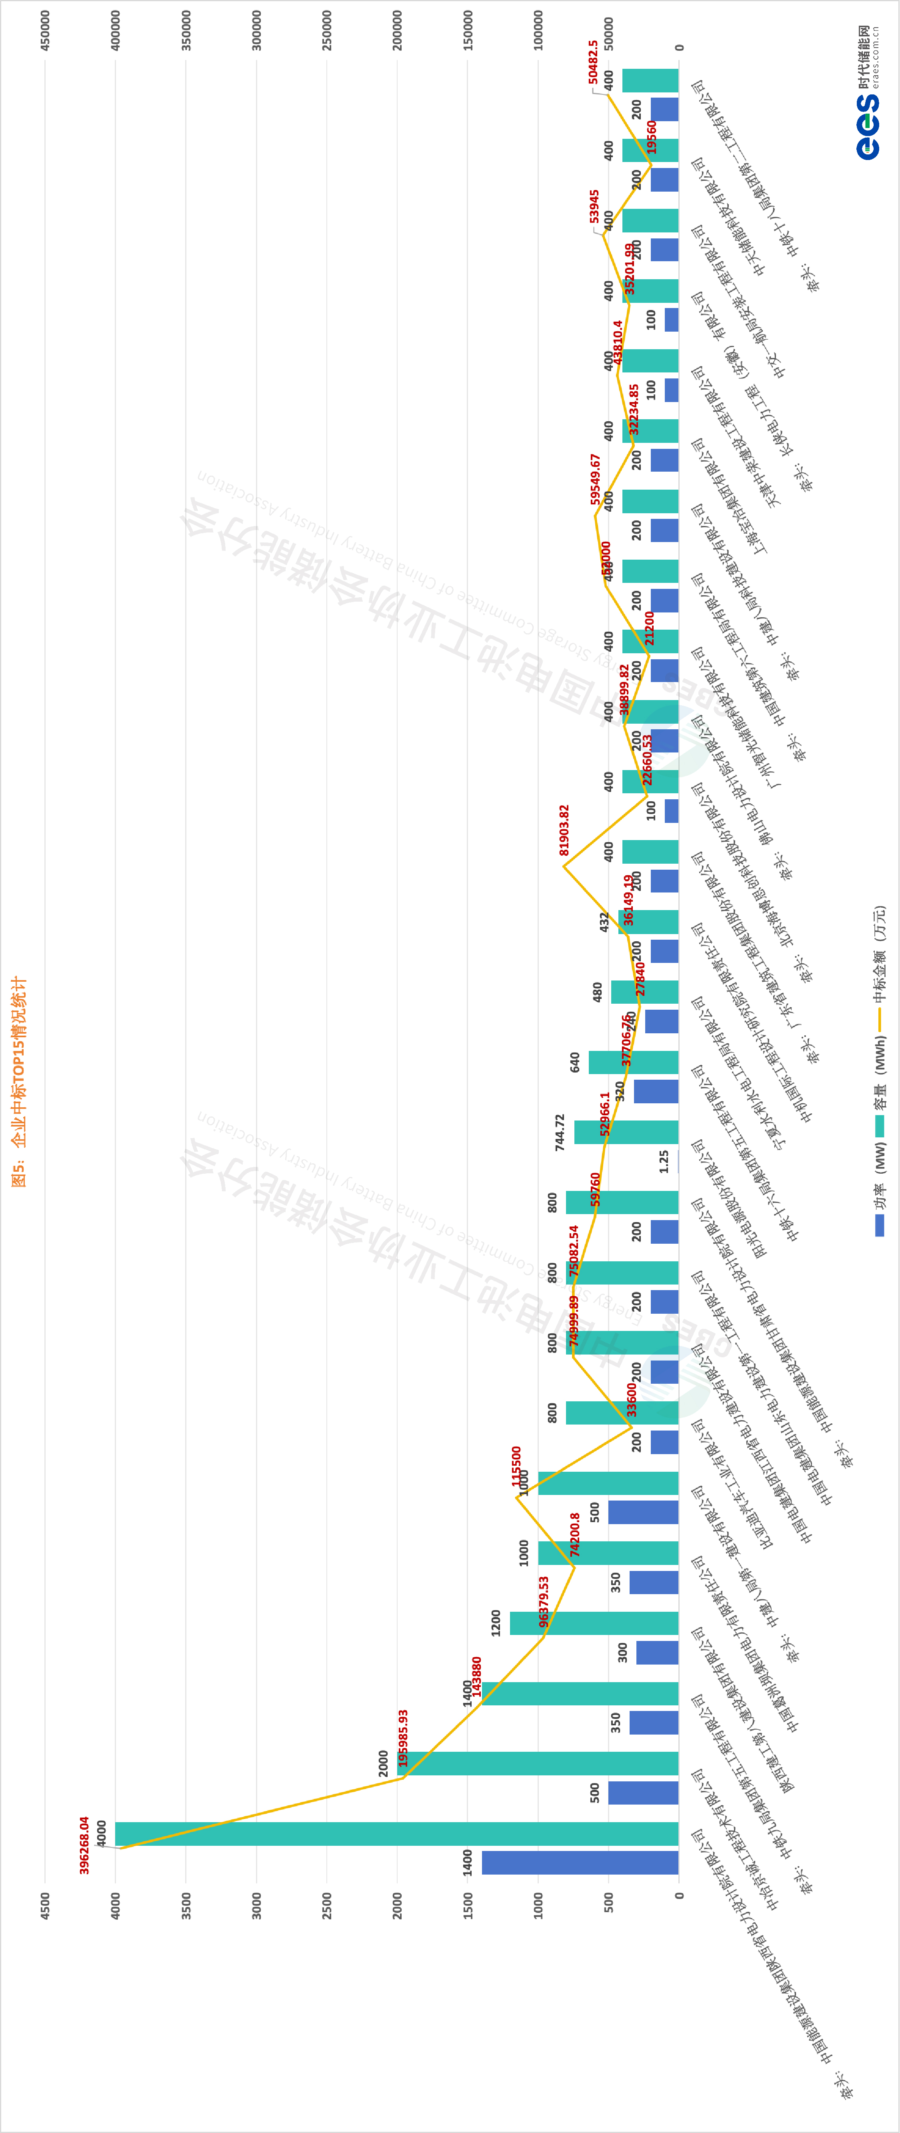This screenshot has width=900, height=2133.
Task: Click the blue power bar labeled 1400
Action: pos(580,1862)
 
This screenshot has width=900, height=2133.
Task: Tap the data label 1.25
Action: pos(664,1161)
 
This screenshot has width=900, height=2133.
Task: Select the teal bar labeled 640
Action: pos(633,1062)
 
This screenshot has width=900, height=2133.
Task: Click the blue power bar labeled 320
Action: pos(656,1091)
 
